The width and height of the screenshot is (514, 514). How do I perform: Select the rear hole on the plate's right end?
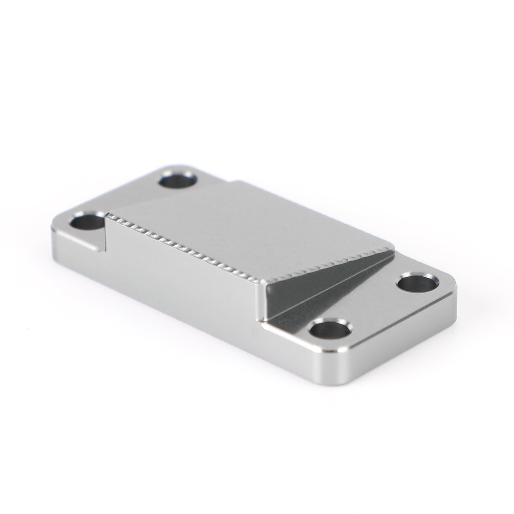click(416, 283)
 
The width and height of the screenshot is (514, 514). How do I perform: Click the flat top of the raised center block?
click(257, 225)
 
